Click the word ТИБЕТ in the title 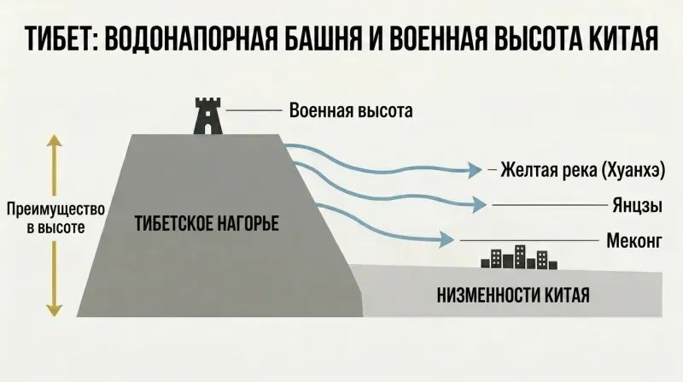(x=60, y=38)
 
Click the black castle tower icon (x=207, y=116)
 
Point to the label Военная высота (x=351, y=111)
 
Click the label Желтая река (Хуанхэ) (x=583, y=169)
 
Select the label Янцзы (x=638, y=205)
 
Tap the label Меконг (x=634, y=240)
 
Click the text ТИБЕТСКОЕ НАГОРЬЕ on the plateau (x=207, y=223)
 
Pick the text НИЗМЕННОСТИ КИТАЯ (x=514, y=295)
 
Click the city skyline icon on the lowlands (x=519, y=257)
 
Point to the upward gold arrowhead (x=55, y=140)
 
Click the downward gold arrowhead (x=55, y=310)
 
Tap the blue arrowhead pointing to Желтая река (x=475, y=169)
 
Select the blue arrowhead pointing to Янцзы (x=480, y=204)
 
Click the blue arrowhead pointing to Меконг (x=447, y=239)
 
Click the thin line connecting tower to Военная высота (x=254, y=111)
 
